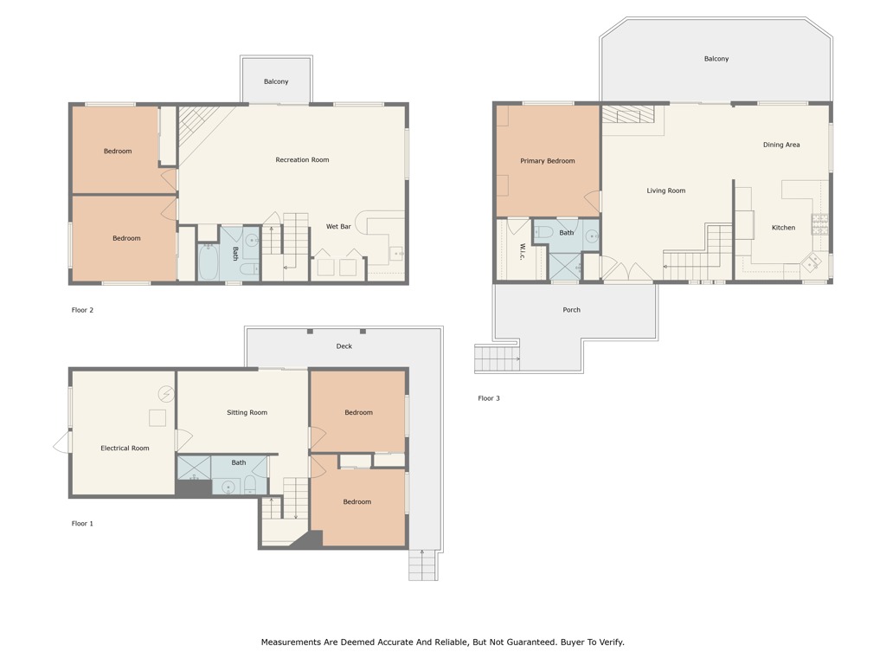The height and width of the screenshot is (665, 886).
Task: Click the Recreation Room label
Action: pos(302,160)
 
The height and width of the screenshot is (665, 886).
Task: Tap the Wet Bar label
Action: pos(338,227)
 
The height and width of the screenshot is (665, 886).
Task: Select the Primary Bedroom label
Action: pos(547,161)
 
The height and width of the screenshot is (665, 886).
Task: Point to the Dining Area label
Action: pos(780,145)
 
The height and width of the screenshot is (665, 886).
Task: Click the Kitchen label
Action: pos(783,228)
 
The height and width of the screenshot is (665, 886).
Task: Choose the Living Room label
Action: pos(665,191)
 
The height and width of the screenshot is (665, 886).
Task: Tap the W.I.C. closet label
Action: pos(523,251)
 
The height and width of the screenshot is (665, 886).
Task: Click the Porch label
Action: pos(571,310)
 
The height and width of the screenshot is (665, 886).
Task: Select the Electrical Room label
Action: pos(125,449)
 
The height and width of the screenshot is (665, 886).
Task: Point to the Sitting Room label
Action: pos(247,413)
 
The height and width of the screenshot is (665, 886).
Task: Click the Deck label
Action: pos(344,346)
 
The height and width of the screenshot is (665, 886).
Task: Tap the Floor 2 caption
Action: pos(82,310)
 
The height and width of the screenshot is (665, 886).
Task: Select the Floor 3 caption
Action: pos(489,398)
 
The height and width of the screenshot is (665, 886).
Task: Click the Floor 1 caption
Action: pos(82,524)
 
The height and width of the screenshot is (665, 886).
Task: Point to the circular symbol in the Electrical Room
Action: pos(165,394)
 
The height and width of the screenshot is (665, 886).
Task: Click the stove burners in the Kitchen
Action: pos(819,224)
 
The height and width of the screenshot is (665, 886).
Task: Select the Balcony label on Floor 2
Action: pos(276,82)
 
